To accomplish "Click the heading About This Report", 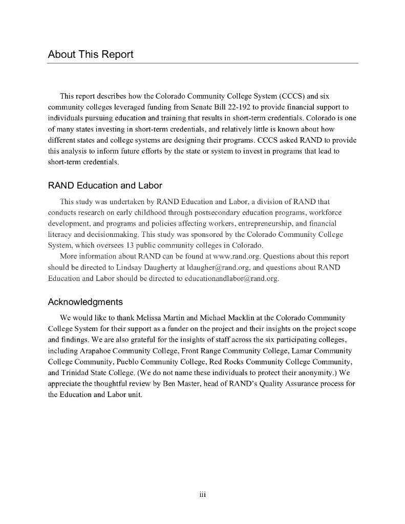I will click(91, 54).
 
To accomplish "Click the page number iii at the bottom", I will click(202, 494).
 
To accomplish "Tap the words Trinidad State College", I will click(93, 373).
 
